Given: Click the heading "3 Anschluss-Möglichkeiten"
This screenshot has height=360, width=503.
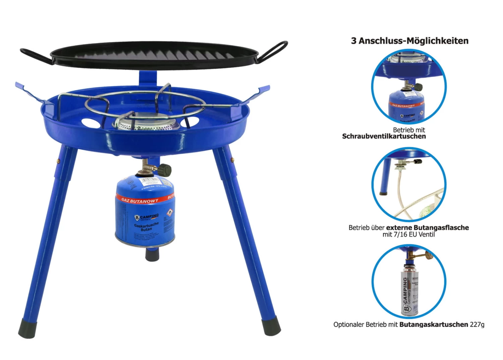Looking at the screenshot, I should pyautogui.click(x=409, y=41).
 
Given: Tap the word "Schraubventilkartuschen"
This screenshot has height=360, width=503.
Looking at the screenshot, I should pyautogui.click(x=384, y=136).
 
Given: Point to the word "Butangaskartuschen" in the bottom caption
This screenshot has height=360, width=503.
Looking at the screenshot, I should pyautogui.click(x=434, y=324).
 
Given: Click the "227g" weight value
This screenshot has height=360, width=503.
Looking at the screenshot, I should pyautogui.click(x=477, y=324).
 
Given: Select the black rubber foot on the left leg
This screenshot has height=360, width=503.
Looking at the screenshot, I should pyautogui.click(x=27, y=328).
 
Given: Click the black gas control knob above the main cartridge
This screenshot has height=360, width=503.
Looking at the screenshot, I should pyautogui.click(x=165, y=170).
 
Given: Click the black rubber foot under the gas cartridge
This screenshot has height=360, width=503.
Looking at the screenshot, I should pyautogui.click(x=152, y=254).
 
